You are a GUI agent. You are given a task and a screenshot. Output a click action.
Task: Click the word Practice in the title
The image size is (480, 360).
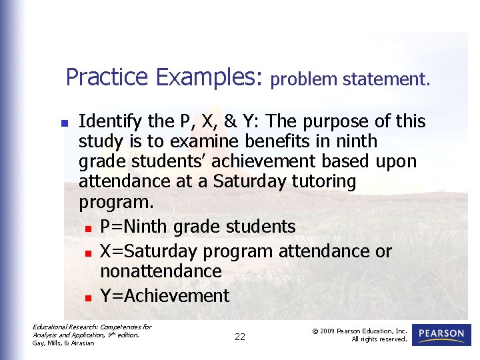point(107,77)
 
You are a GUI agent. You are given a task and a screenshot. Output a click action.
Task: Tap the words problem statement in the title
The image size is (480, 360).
point(350,80)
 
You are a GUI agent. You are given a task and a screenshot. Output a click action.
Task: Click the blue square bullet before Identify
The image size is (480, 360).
point(64,123)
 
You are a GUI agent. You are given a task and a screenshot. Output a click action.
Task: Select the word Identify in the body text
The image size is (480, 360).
point(110,122)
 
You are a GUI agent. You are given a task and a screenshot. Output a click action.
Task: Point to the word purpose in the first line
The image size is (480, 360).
point(331,122)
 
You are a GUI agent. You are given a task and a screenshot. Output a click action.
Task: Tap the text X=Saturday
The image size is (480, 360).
point(149,251)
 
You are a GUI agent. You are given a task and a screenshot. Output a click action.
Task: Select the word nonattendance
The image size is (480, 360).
point(161,271)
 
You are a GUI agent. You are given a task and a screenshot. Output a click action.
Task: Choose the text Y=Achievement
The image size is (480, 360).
point(165,296)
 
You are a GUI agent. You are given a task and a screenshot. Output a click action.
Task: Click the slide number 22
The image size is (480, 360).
point(240,337)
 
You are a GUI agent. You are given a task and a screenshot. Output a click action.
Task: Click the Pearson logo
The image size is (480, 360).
point(441,335)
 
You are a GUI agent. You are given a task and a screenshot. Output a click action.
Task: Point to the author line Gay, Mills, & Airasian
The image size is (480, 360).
point(63,343)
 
